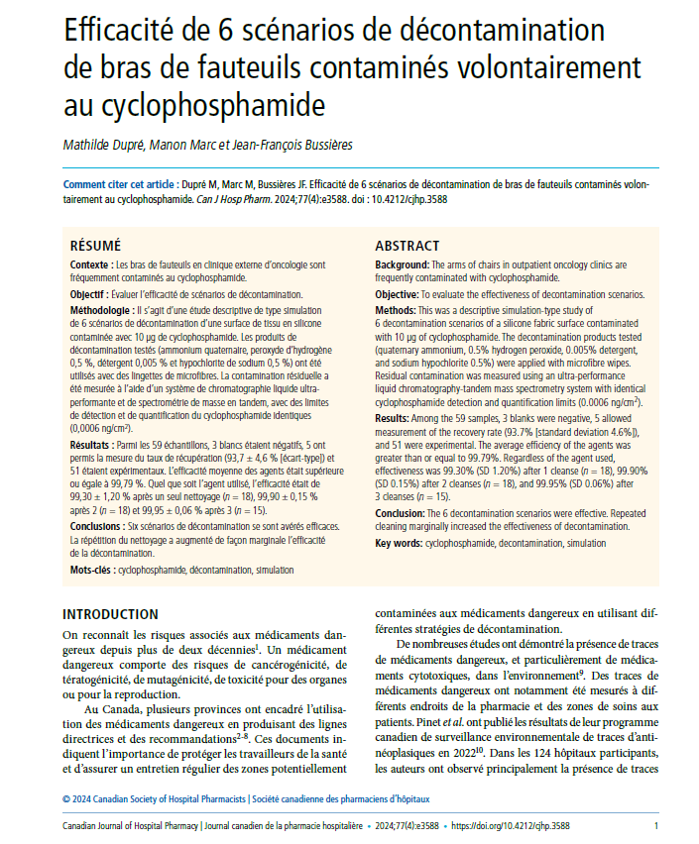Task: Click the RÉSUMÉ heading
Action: point(95,245)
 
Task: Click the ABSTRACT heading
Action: point(407,245)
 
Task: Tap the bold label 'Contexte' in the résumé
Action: point(90,265)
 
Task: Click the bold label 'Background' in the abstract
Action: point(403,265)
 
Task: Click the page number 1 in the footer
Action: point(656,824)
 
